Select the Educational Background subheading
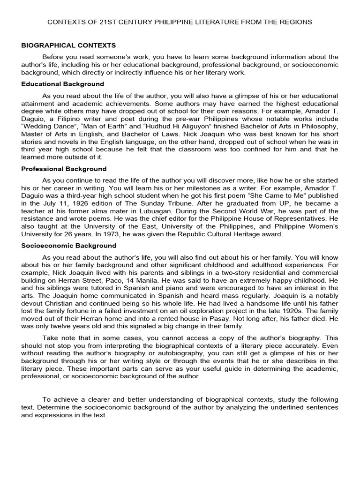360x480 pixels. click(63, 84)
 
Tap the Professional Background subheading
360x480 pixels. click(64, 169)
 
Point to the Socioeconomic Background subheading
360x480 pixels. click(69, 246)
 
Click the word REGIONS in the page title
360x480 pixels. click(294, 22)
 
